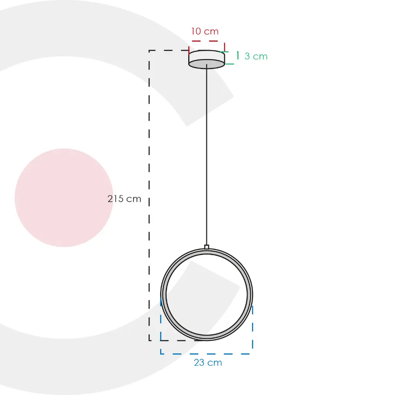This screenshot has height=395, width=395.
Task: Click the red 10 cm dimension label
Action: click(205, 31)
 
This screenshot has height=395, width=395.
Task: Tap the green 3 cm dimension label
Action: click(256, 56)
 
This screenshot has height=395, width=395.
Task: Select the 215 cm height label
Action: click(124, 199)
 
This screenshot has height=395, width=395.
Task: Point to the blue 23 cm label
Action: click(208, 363)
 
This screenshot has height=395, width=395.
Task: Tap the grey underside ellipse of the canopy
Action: click(207, 64)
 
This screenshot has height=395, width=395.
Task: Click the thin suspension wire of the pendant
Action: click(207, 154)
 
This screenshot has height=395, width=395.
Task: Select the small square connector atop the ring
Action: click(207, 247)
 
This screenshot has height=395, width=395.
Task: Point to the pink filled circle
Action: click(64, 197)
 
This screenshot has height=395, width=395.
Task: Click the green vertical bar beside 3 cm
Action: click(238, 56)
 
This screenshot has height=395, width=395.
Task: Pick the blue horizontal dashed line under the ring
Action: click(207, 353)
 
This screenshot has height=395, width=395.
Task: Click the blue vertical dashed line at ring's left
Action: click(161, 328)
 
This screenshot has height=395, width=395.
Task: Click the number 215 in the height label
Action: click(116, 199)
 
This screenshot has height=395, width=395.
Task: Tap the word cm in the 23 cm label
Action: click(215, 363)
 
